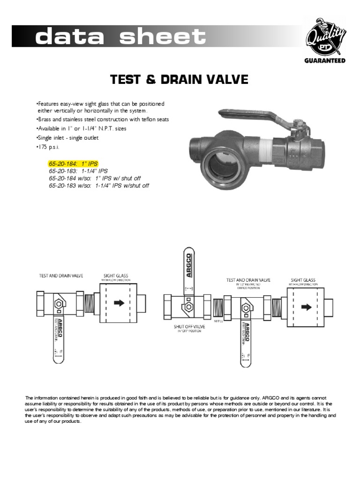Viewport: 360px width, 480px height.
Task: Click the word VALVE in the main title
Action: pos(226,80)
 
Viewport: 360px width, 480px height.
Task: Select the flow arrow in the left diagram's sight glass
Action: pos(119,303)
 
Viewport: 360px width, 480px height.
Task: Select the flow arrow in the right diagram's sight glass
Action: pos(306,307)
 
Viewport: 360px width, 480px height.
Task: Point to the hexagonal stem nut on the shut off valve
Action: pos(188,307)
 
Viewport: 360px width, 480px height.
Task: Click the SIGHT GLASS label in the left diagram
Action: pos(115,276)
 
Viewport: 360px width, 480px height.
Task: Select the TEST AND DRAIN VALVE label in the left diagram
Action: pos(61,276)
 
